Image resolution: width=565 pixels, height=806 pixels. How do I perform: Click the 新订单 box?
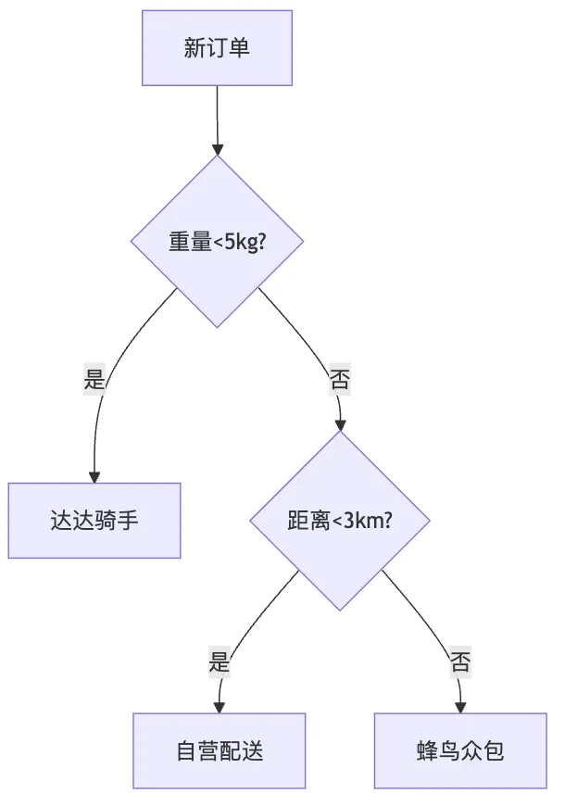tap(217, 48)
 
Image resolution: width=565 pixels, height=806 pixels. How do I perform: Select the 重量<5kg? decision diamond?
tap(217, 241)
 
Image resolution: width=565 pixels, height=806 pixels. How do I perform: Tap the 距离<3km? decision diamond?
tap(340, 521)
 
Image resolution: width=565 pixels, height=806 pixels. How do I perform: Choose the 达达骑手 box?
tap(94, 521)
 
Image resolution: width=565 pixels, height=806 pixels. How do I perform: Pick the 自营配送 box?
tap(220, 751)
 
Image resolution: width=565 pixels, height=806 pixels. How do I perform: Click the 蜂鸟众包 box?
tap(460, 751)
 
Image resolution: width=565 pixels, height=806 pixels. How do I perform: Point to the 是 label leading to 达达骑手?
tap(94, 379)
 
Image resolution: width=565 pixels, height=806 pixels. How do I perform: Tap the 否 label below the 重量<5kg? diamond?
tap(340, 379)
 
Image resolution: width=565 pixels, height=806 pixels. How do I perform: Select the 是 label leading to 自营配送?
tap(219, 662)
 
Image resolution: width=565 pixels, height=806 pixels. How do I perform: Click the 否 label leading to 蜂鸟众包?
tap(460, 662)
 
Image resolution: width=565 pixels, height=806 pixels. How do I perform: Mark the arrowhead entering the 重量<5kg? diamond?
tap(218, 149)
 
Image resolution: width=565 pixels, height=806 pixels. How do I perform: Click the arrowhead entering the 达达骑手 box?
tap(94, 477)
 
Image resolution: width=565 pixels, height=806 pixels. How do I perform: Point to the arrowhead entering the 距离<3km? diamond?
tap(340, 425)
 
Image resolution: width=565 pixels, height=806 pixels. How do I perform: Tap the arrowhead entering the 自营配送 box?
tap(219, 707)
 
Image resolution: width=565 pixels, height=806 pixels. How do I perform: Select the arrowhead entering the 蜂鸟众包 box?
tap(460, 707)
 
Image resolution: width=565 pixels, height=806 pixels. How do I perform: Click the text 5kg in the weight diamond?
tap(241, 242)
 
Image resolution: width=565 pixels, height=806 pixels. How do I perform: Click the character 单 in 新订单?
tap(239, 48)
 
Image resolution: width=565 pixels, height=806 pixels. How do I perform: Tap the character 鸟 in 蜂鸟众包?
tap(449, 751)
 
